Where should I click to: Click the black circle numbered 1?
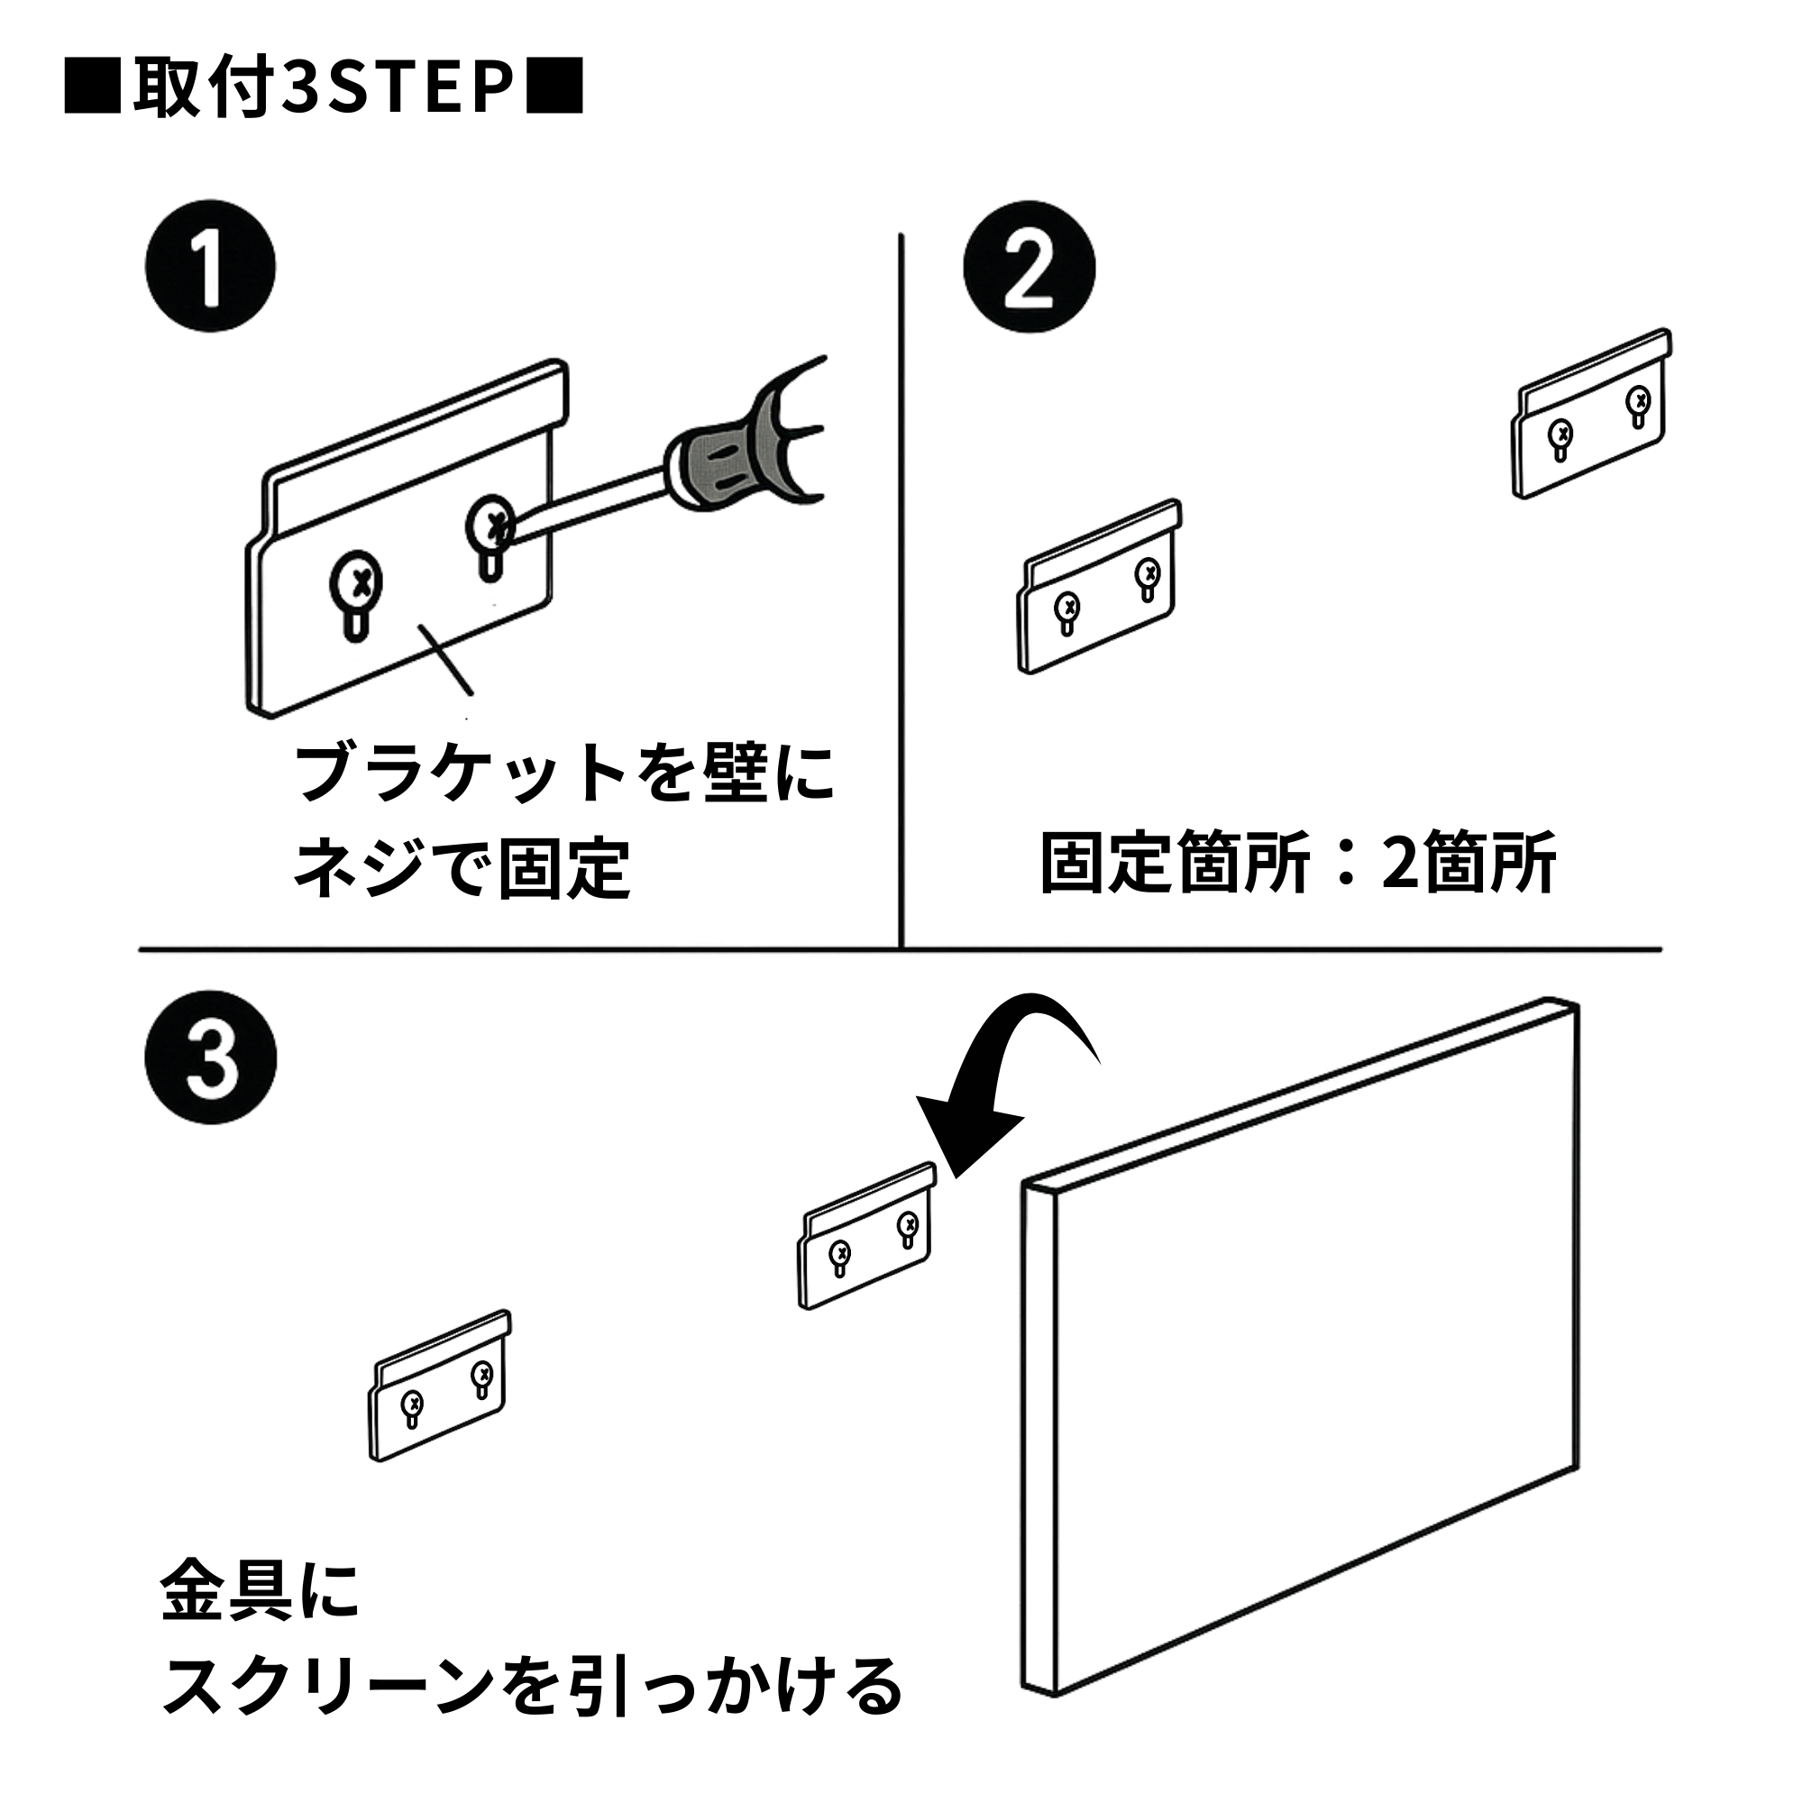pyautogui.click(x=211, y=266)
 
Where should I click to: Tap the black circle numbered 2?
pyautogui.click(x=1029, y=266)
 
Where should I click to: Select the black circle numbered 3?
pyautogui.click(x=211, y=1057)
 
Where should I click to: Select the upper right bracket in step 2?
pyautogui.click(x=1592, y=415)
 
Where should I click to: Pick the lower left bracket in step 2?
pyautogui.click(x=1099, y=588)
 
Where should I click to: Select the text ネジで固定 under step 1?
pyautogui.click(x=462, y=869)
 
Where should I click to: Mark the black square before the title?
pyautogui.click(x=92, y=87)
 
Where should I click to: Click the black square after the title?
pyautogui.click(x=554, y=87)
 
